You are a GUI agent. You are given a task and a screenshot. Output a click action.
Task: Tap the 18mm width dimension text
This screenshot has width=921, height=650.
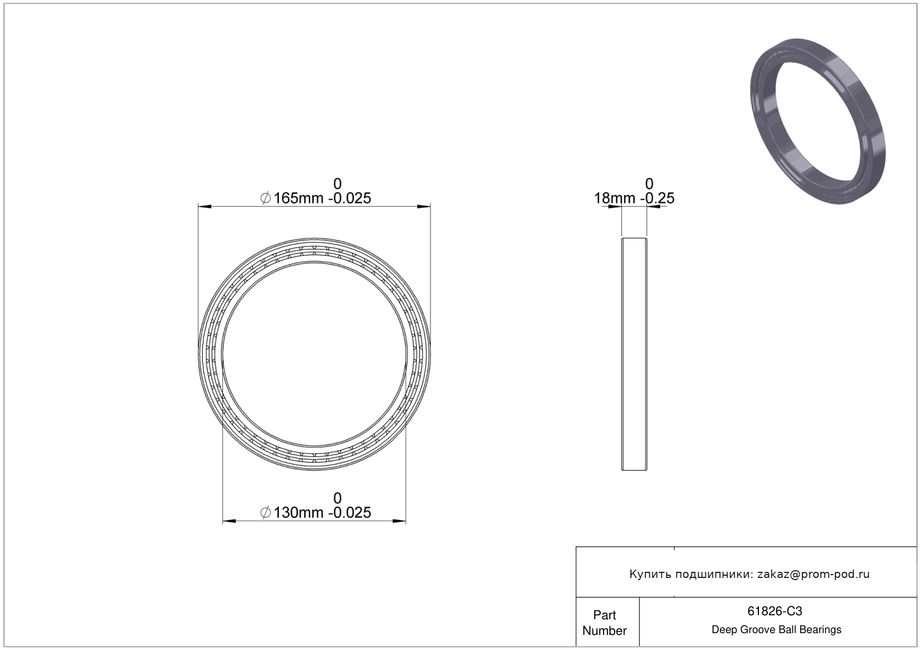(x=634, y=198)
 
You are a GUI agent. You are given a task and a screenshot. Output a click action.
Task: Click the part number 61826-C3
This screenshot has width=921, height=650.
(x=775, y=611)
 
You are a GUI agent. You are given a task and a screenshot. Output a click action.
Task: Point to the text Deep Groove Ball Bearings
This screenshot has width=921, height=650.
(x=776, y=629)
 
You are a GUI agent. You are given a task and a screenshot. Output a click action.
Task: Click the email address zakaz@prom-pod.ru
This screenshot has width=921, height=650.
(x=813, y=574)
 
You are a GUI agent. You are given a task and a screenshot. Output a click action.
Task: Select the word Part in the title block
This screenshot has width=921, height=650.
(x=605, y=615)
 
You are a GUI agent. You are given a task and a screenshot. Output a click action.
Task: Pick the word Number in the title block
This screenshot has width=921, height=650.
(x=605, y=630)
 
